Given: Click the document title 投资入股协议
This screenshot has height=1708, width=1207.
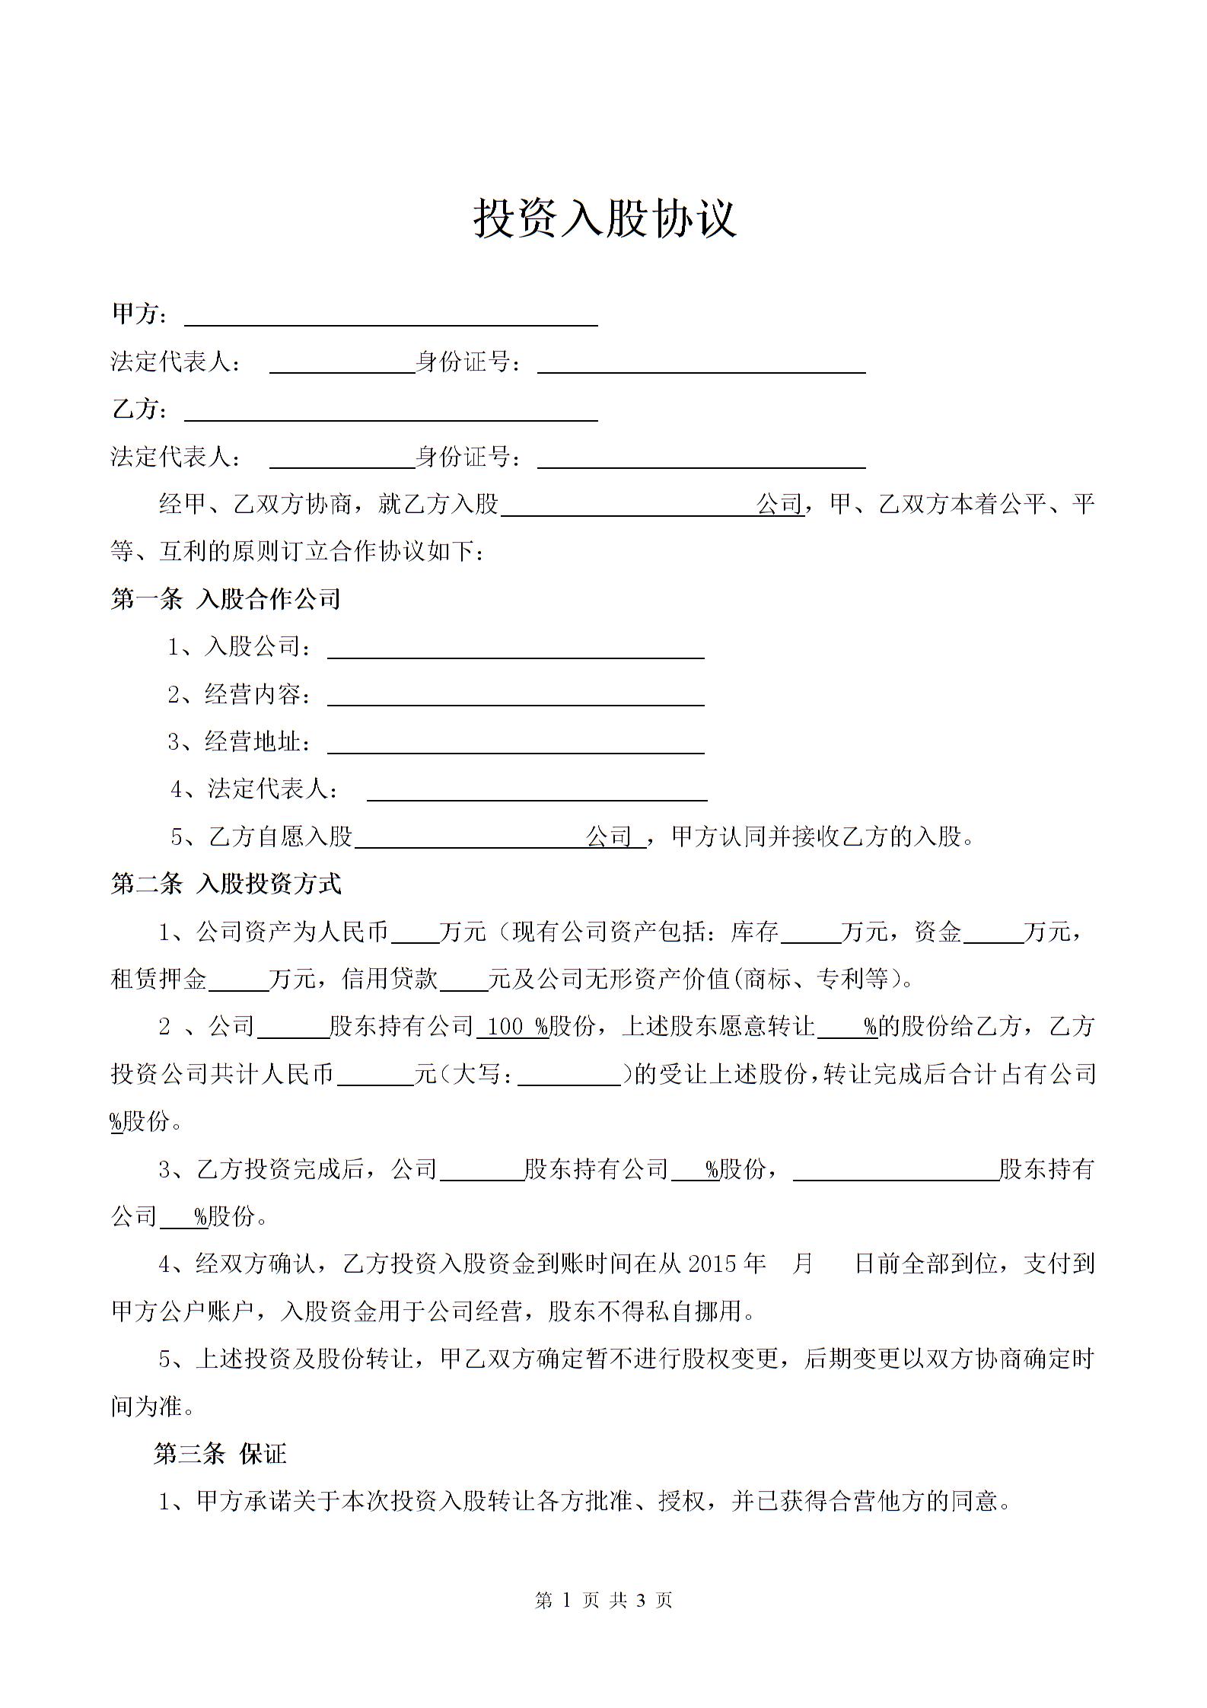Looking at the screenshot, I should [x=605, y=218].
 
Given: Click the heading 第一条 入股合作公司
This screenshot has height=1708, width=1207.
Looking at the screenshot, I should [x=225, y=599].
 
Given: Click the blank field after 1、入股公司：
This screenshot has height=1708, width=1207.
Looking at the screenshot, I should [x=515, y=650].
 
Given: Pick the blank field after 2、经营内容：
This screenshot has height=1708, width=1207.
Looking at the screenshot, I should [x=515, y=697].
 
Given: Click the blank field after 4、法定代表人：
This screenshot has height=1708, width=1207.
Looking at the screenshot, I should [x=537, y=792].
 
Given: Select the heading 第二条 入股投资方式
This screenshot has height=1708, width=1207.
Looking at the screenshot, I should [x=226, y=884].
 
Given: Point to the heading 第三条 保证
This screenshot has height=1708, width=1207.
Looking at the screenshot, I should [x=220, y=1454].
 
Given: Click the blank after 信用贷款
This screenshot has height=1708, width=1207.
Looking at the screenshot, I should [x=463, y=981].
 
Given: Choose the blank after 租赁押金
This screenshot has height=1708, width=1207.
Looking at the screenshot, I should [x=238, y=981].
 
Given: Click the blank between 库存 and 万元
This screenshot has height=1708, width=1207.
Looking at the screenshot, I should [x=811, y=934].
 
